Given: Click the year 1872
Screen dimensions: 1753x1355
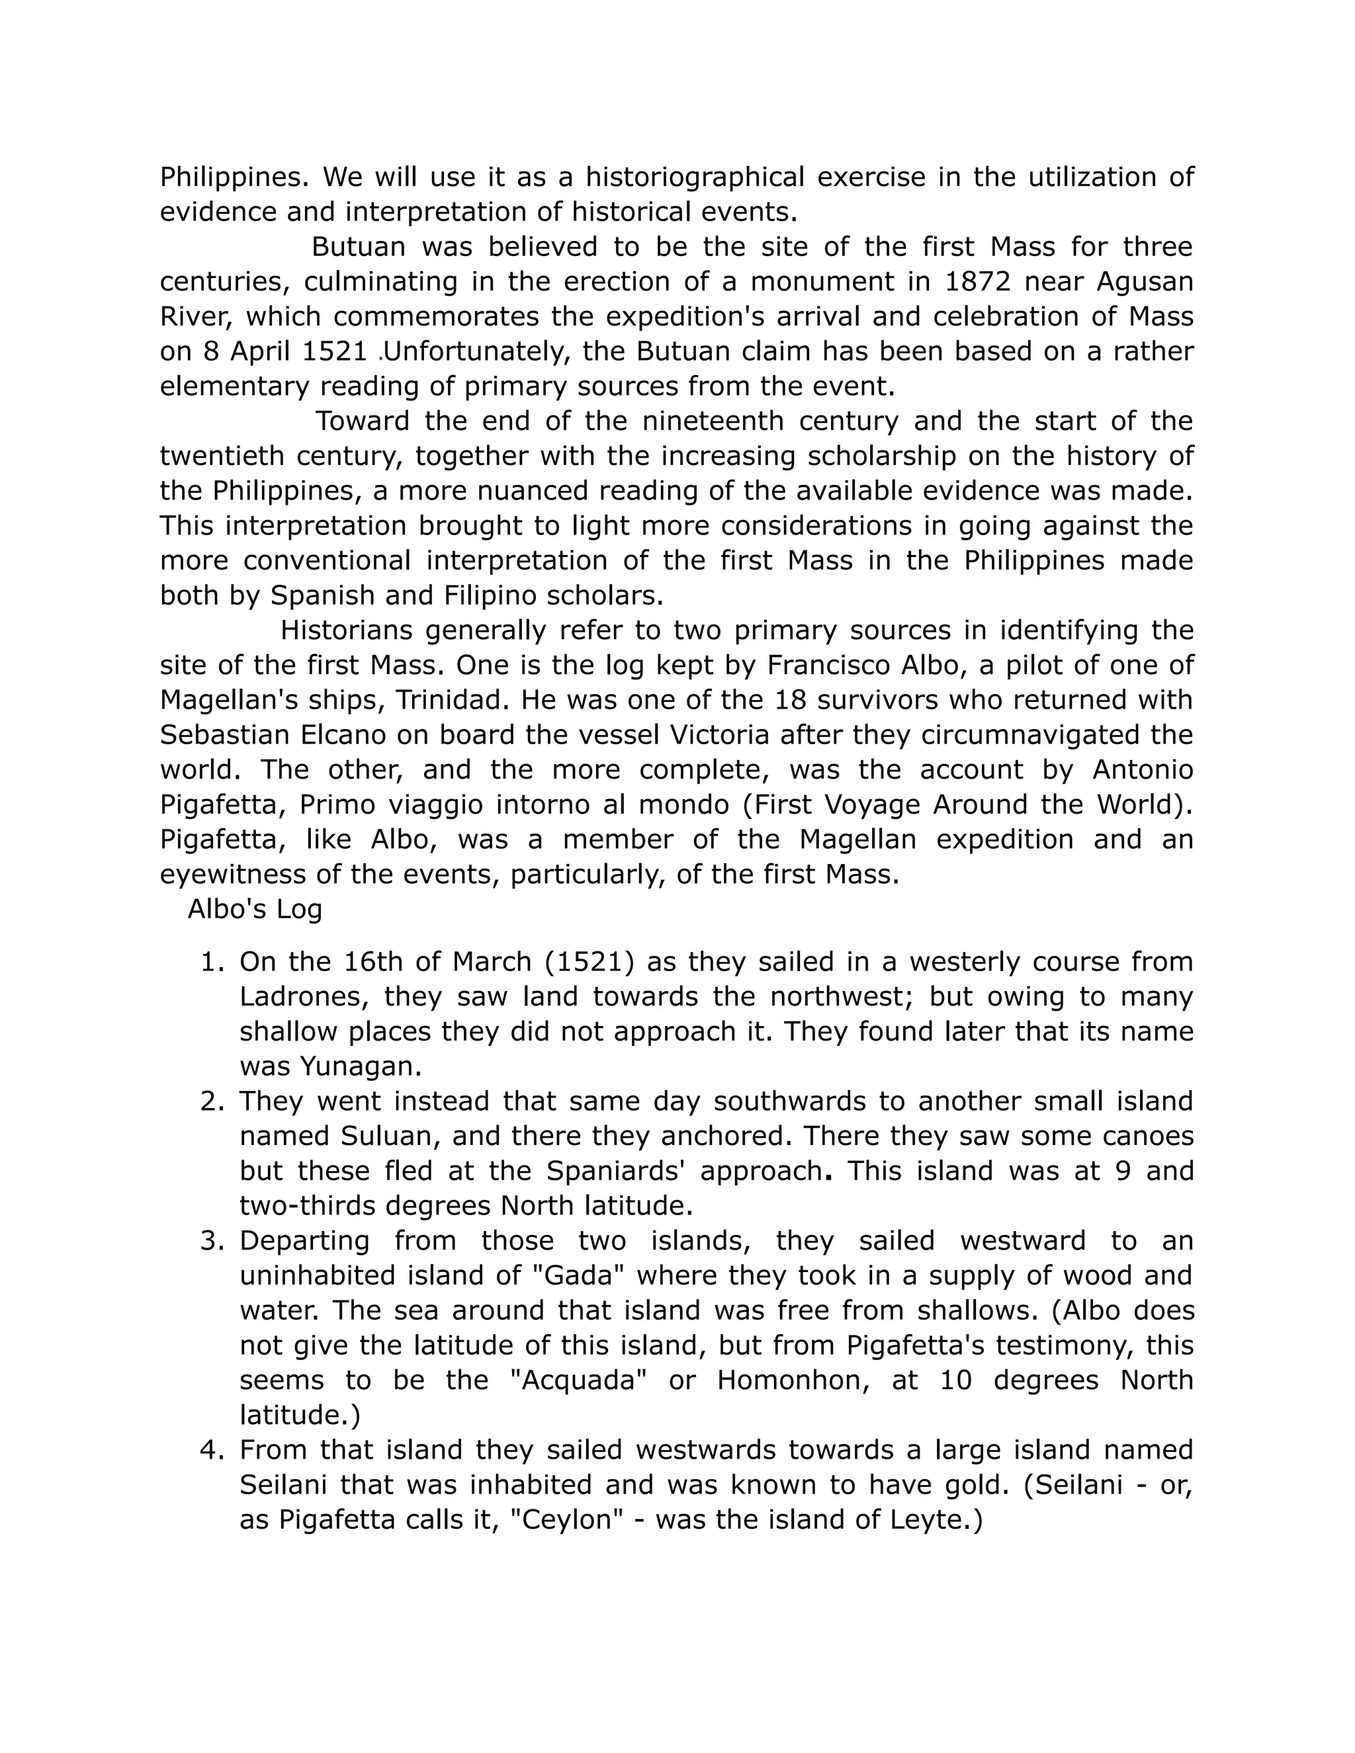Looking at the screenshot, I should (977, 282).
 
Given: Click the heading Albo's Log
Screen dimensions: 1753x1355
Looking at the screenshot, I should (255, 910).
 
